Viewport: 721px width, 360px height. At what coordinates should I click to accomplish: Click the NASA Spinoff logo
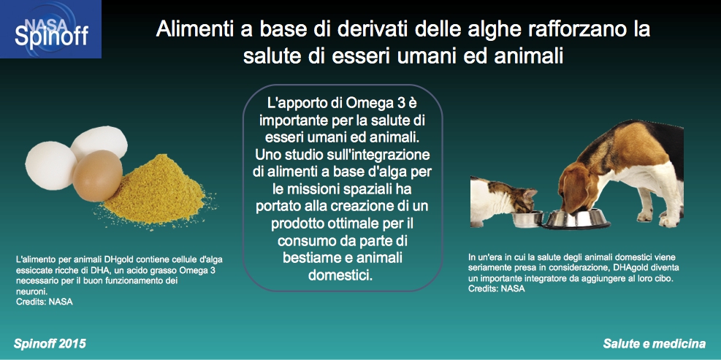point(50,29)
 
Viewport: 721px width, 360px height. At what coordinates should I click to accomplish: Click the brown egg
point(97,176)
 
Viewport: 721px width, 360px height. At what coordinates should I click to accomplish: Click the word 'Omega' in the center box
point(371,104)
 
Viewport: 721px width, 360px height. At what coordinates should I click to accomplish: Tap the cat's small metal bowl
point(527,219)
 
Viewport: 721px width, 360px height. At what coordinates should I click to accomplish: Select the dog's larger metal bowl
point(576,219)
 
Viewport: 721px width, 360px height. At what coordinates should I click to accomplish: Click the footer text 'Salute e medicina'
point(655,344)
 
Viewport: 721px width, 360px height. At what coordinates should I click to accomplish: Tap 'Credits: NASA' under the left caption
point(44,302)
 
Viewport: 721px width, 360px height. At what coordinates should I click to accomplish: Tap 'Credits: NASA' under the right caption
point(497,288)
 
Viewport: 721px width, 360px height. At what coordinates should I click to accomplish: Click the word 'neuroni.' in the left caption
point(31,291)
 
